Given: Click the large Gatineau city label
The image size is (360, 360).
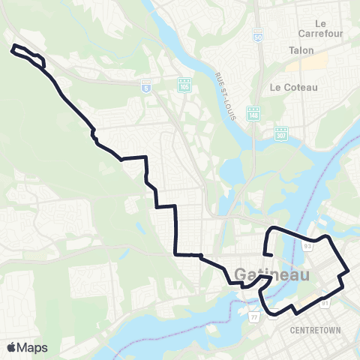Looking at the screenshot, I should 271,275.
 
